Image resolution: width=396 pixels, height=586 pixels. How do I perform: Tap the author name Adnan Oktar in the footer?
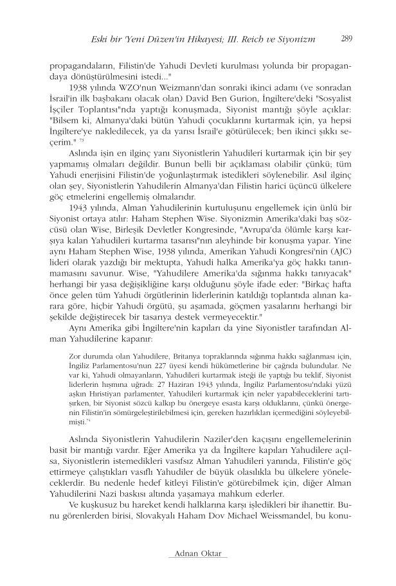[x=197, y=554]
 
